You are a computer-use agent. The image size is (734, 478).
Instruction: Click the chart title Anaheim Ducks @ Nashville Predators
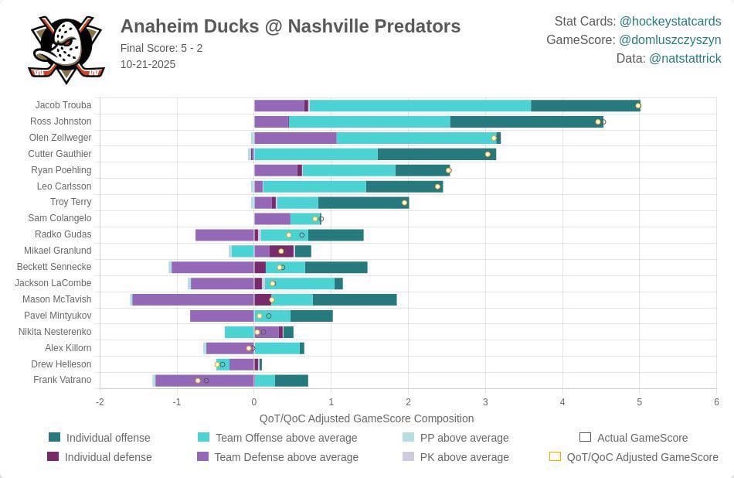(x=290, y=26)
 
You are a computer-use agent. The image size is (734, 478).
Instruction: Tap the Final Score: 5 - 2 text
(x=161, y=48)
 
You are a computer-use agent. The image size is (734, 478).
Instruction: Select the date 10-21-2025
(x=148, y=64)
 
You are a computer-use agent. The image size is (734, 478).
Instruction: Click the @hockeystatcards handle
(x=670, y=21)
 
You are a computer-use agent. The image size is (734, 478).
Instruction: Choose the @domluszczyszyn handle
(x=670, y=39)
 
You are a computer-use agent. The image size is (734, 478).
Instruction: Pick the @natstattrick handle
(x=685, y=58)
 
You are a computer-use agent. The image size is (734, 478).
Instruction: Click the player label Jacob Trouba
(x=63, y=105)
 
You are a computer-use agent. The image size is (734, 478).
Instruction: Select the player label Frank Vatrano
(x=62, y=380)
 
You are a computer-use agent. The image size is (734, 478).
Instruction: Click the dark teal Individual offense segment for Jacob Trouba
(x=585, y=106)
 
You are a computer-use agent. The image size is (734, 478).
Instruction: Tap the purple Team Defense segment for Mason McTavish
(x=193, y=299)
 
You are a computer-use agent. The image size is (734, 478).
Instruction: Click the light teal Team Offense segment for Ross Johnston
(x=369, y=121)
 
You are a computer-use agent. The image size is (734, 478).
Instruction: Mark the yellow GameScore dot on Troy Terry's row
(x=404, y=203)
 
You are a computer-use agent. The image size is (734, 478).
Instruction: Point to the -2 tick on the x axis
(x=100, y=402)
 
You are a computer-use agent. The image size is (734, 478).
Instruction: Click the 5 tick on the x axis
(x=639, y=402)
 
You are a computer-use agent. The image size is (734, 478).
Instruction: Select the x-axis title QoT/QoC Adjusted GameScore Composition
(x=366, y=418)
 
